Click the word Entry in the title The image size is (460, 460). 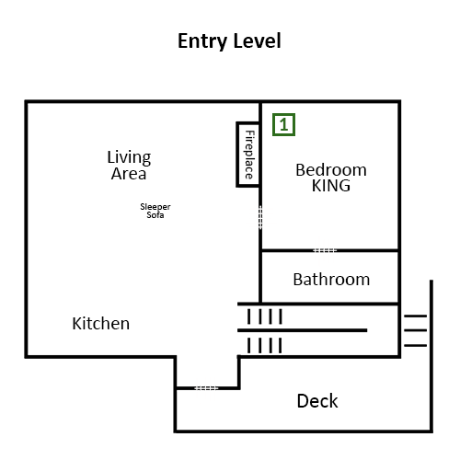(x=201, y=41)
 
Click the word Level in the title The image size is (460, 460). (x=257, y=40)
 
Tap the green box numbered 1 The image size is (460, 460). (x=283, y=124)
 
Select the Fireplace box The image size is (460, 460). (x=247, y=155)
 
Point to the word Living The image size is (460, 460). (x=129, y=157)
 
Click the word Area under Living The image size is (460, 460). (x=129, y=174)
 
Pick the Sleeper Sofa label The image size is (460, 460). (x=155, y=211)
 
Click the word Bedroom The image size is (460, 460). (x=331, y=170)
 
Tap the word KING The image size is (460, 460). (x=331, y=186)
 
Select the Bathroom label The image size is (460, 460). (x=331, y=280)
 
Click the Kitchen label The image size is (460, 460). (x=101, y=324)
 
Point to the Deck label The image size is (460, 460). (x=317, y=401)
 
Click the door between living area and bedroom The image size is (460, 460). (x=260, y=217)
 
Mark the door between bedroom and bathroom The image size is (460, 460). (x=325, y=250)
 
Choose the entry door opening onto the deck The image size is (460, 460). (x=206, y=388)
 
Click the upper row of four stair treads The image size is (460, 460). (x=265, y=316)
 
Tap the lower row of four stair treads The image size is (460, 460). (x=265, y=345)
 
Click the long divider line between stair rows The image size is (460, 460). (x=303, y=330)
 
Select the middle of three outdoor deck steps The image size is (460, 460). (x=416, y=330)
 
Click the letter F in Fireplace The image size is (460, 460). (x=250, y=133)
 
